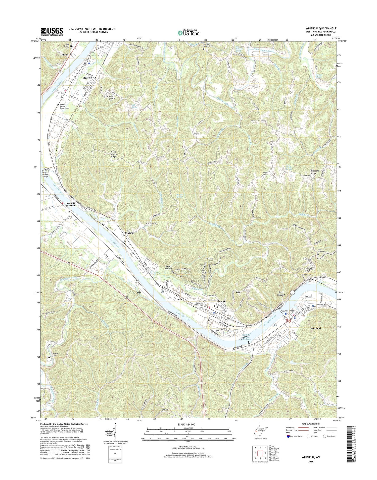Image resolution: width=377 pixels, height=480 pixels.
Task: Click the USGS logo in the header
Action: (x=52, y=32)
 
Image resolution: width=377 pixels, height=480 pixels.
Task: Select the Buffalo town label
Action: (x=88, y=78)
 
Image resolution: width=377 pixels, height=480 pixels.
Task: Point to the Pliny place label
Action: (x=64, y=54)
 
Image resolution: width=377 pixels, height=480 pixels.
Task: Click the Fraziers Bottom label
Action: (x=70, y=204)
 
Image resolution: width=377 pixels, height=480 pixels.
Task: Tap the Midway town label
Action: (x=130, y=233)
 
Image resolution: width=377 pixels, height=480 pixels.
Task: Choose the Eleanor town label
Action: (x=221, y=301)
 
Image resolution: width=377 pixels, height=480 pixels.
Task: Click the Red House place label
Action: (x=281, y=293)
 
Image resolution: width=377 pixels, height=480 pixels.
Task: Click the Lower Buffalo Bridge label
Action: (x=45, y=174)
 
